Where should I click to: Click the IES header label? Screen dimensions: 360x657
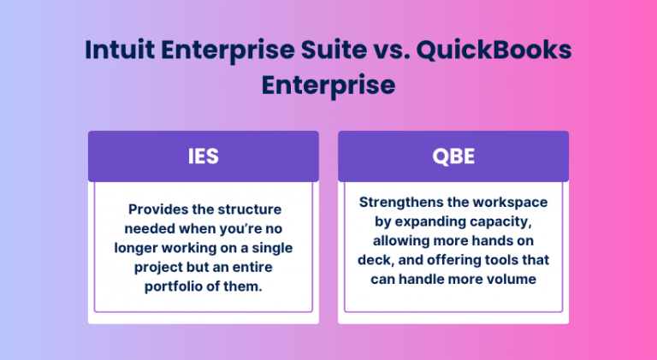coord(203,156)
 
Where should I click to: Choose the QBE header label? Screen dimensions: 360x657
coord(453,156)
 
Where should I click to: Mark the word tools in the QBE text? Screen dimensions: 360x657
coord(506,259)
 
